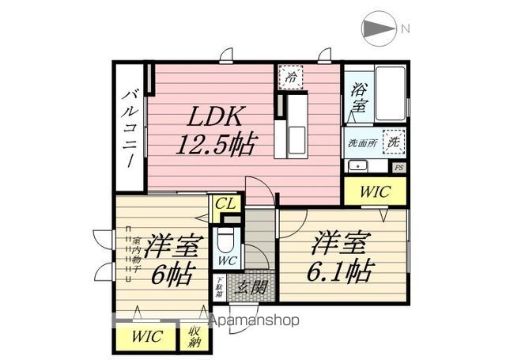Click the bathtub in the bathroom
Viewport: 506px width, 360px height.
pos(389,92)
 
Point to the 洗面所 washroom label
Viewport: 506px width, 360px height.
pos(361,143)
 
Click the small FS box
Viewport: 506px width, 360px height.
pos(399,167)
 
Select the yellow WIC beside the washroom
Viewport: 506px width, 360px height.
pos(375,190)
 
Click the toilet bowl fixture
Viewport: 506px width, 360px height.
pos(226,241)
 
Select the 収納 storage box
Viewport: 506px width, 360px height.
pos(194,336)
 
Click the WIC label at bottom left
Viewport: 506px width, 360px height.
pos(147,336)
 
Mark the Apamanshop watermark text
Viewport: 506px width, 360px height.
pos(253,321)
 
